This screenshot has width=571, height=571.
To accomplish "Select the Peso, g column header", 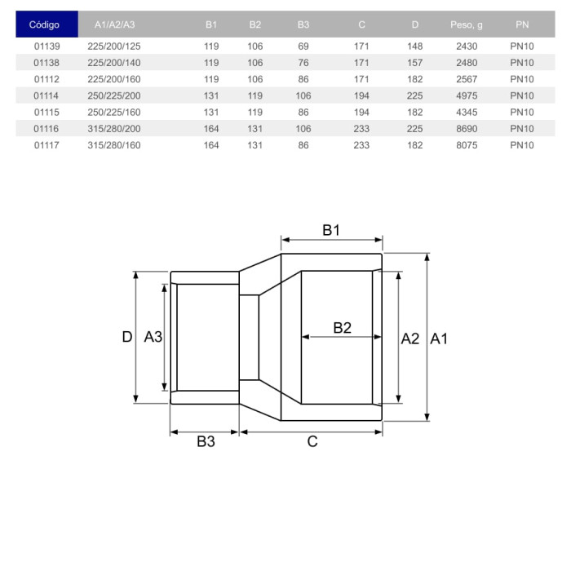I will point(467,24).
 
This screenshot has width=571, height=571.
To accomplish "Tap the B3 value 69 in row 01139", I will point(303,46).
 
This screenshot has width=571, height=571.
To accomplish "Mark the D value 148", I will point(414,46).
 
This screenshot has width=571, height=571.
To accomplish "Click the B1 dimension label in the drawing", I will point(330,230).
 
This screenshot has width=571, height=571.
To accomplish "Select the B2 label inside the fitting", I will point(343,328).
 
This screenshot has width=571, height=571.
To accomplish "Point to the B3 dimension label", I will point(206,441).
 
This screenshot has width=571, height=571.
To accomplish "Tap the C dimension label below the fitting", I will point(312,441).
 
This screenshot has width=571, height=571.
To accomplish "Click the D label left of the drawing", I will point(127,337).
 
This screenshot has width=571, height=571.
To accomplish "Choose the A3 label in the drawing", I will point(153,337).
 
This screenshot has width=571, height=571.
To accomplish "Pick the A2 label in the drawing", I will point(410,338).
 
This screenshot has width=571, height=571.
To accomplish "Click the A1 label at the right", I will point(439,338).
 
